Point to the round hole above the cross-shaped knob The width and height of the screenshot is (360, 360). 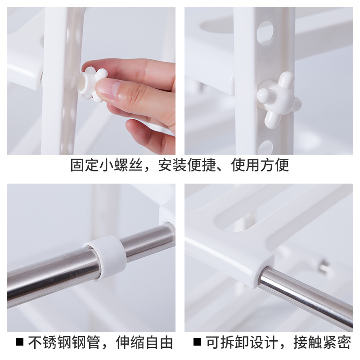click(265, 32)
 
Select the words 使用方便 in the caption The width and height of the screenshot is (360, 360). click(260, 165)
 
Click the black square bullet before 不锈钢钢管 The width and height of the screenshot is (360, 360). click(19, 342)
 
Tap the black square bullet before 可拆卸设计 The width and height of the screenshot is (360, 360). click(197, 342)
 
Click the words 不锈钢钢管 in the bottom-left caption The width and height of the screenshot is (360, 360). click(64, 342)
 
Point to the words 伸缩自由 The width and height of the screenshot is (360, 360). click(144, 342)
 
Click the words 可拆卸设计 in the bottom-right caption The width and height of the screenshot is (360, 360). click(242, 342)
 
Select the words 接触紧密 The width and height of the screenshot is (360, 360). click(322, 342)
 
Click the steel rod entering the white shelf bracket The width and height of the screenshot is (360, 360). click(306, 296)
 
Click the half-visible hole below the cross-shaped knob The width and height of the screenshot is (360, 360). click(265, 148)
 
